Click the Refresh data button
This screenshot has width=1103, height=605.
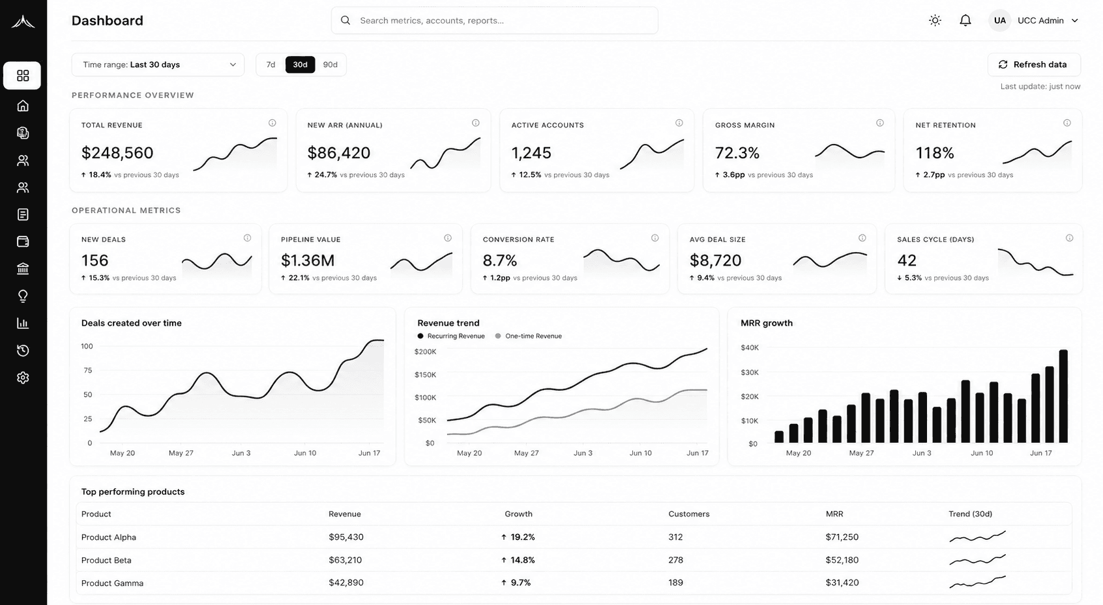(1034, 64)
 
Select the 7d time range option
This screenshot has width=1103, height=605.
(271, 64)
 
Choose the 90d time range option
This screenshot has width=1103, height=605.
(330, 64)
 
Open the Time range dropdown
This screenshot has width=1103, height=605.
(158, 64)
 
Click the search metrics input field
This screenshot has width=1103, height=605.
(494, 20)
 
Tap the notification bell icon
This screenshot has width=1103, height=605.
(965, 20)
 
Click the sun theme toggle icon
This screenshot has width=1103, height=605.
(935, 20)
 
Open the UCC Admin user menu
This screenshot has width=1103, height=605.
(1035, 20)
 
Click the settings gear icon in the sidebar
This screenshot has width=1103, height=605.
(23, 377)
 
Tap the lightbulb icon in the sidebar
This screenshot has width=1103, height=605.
(23, 296)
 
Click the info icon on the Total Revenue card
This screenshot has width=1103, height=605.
(272, 123)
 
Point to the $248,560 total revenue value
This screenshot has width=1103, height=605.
(117, 152)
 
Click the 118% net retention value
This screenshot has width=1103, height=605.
(935, 153)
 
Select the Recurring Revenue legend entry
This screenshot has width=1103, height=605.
(451, 336)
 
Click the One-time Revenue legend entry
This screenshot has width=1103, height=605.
(528, 336)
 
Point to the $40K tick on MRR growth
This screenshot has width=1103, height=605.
(750, 347)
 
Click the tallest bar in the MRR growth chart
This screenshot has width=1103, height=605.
(1063, 396)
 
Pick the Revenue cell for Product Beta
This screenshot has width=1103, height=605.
(346, 560)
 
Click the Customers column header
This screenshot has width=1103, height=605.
(689, 514)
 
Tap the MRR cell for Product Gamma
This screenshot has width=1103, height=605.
(842, 582)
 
